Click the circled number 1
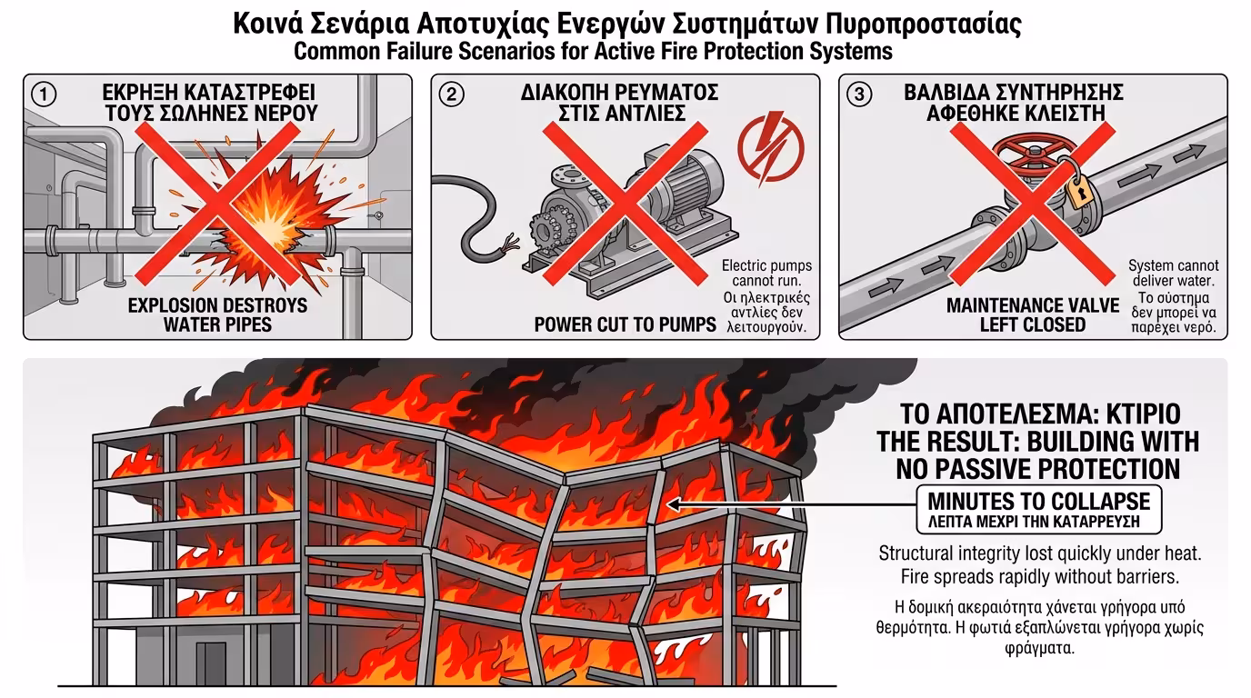click(43, 94)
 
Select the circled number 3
click(858, 94)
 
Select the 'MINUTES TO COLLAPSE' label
click(1038, 501)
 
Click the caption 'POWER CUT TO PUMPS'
click(625, 324)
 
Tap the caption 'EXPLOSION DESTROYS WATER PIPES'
click(217, 314)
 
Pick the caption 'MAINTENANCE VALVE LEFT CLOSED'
click(1032, 314)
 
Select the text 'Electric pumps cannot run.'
click(766, 274)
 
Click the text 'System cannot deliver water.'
click(1174, 274)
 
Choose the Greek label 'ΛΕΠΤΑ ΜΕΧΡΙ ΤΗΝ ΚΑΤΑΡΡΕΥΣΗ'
click(1038, 523)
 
